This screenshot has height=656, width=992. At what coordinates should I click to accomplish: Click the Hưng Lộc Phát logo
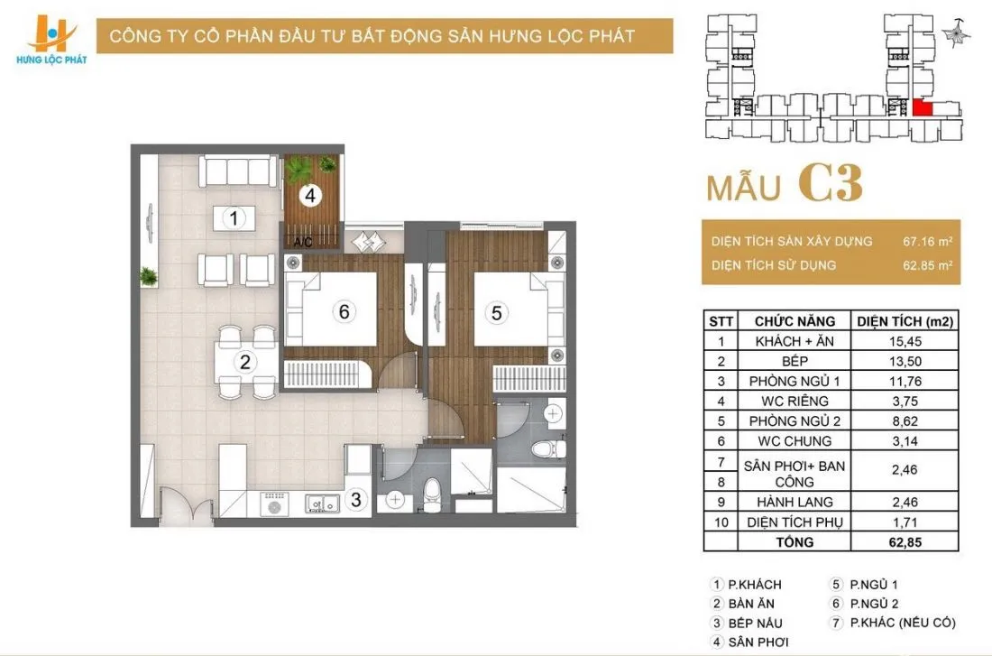[x=52, y=41]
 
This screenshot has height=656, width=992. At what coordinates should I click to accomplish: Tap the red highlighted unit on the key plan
[x=923, y=107]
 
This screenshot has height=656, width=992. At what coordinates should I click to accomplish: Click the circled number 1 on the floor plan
[x=234, y=218]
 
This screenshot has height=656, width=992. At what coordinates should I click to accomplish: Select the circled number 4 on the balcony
[x=310, y=195]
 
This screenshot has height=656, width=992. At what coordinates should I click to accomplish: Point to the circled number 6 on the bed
[x=344, y=311]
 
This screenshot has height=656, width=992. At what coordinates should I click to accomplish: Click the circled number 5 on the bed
[x=497, y=313]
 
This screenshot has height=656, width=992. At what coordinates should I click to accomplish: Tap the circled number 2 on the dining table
[x=244, y=362]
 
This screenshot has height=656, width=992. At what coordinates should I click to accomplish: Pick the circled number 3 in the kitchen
[x=356, y=500]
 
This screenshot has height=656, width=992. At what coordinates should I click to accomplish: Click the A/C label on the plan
[x=303, y=242]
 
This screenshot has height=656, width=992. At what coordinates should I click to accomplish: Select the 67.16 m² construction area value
[x=927, y=241]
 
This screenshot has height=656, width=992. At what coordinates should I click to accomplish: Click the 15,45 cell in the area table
[x=905, y=341]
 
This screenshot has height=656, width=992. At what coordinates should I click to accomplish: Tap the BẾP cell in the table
[x=795, y=361]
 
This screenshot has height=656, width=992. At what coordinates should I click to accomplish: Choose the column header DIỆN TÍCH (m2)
[x=905, y=321]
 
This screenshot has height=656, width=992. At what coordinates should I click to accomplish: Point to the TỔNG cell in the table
[x=795, y=541]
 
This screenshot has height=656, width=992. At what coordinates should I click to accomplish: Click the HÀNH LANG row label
[x=795, y=502]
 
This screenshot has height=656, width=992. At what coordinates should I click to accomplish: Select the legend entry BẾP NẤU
[x=756, y=623]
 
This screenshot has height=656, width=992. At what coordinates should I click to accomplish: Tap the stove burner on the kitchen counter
[x=274, y=506]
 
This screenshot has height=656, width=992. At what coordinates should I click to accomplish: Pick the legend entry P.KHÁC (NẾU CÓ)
[x=903, y=623]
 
